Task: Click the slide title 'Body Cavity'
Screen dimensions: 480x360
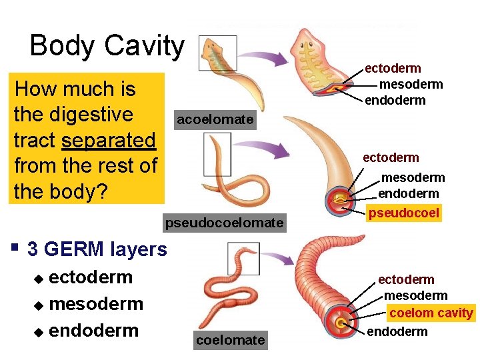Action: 107,46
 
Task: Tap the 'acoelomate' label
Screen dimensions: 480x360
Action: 215,120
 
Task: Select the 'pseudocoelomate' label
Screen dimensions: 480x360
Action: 224,222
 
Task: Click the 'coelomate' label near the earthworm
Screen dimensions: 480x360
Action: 230,340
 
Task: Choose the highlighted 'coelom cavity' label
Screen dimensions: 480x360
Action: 431,313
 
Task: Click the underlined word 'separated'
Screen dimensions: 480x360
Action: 109,141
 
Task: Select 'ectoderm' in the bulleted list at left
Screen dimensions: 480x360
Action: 91,277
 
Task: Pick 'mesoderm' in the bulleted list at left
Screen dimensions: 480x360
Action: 96,304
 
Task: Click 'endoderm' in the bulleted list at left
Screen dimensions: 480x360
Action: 93,331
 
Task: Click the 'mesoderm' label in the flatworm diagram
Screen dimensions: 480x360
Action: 411,85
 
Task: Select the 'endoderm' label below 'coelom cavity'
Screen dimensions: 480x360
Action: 397,331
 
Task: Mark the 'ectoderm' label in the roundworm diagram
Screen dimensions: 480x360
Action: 391,158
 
